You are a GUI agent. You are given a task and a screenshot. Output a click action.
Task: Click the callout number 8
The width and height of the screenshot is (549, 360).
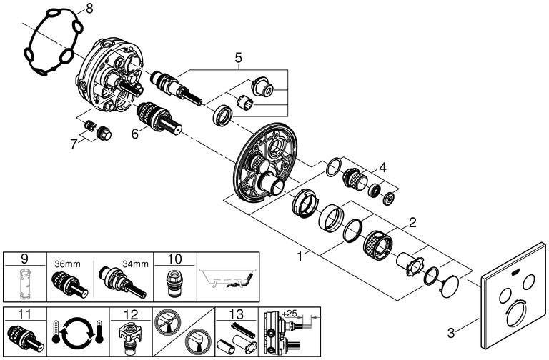coord(89,9)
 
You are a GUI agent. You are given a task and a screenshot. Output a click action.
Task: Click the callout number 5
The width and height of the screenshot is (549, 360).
coord(238,57)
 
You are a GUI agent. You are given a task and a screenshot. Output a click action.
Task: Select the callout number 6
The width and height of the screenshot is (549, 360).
coord(135,134)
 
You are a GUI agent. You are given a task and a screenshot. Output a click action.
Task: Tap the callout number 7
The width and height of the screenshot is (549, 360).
coord(73,144)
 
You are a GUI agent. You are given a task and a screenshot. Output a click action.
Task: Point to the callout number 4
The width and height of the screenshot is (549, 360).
coord(382,167)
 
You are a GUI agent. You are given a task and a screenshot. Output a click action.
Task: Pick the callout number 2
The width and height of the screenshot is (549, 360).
coord(412,222)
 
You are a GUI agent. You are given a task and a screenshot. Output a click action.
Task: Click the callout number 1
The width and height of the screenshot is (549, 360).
coord(300,257)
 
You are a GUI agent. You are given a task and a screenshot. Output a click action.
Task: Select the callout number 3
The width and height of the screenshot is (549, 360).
coord(451,332)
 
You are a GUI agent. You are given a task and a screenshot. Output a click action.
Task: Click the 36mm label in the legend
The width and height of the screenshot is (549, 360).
coord(68,264)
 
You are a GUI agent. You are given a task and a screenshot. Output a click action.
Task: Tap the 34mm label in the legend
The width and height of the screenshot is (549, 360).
coord(136,264)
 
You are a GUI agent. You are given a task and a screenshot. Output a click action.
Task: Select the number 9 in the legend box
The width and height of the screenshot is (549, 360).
coord(24,259)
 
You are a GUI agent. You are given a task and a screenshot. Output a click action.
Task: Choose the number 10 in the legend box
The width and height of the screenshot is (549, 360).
coord(174,259)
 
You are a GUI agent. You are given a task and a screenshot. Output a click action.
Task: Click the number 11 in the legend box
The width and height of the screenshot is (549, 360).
coord(24,314)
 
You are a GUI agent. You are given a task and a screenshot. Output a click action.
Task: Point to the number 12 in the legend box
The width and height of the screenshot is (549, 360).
coord(132,314)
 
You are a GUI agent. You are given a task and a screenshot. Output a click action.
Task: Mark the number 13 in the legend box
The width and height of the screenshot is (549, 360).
coord(237,314)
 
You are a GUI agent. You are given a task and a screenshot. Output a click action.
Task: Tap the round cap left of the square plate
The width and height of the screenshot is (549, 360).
coord(450,286)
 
